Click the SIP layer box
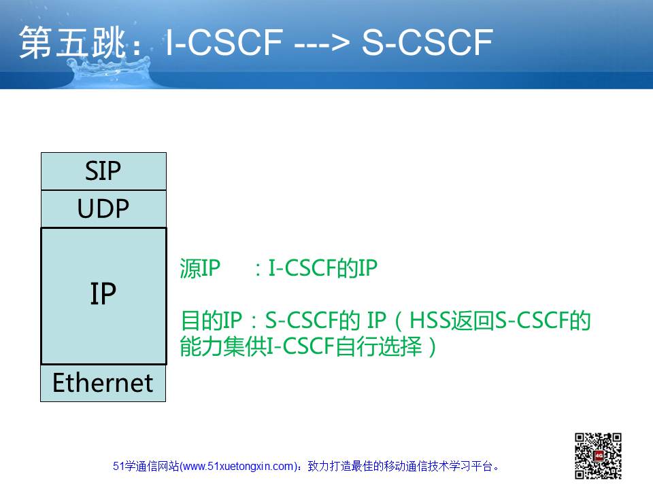[103, 171]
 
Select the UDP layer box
[103, 209]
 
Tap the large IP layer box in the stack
[103, 295]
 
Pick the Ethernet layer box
[103, 383]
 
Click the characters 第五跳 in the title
[72, 42]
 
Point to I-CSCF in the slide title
[224, 42]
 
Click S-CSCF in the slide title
[427, 42]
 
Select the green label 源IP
[200, 268]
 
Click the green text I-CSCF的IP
[322, 268]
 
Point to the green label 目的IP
[212, 321]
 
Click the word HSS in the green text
[430, 321]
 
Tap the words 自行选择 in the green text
[379, 346]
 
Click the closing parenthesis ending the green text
[433, 347]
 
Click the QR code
[598, 456]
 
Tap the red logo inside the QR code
[599, 456]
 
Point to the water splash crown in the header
[110, 71]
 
